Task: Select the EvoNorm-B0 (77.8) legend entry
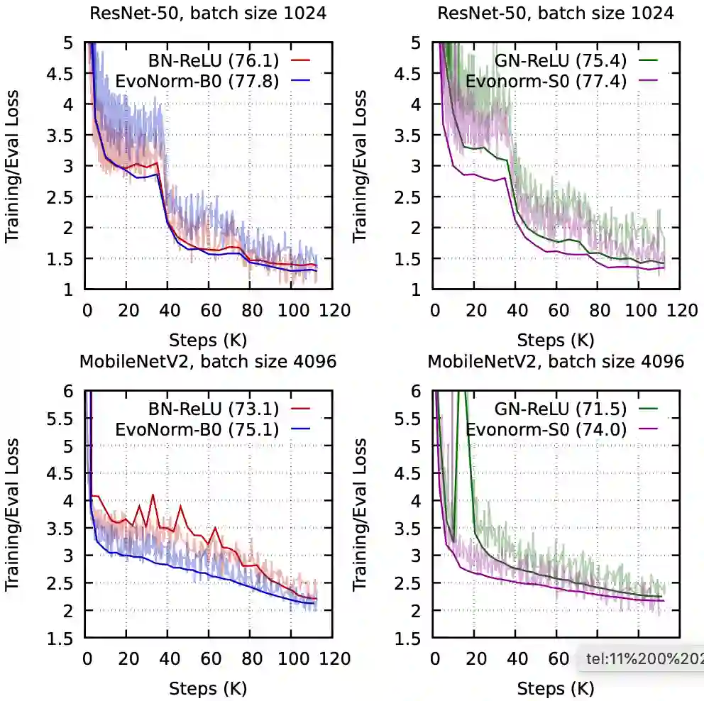214,81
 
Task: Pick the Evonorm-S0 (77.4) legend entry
546,81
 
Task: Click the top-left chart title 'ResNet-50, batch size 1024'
208,13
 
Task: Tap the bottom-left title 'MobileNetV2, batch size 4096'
208,362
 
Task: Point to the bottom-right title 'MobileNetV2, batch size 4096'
556,362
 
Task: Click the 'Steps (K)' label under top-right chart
556,338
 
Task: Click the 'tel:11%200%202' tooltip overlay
643,659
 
